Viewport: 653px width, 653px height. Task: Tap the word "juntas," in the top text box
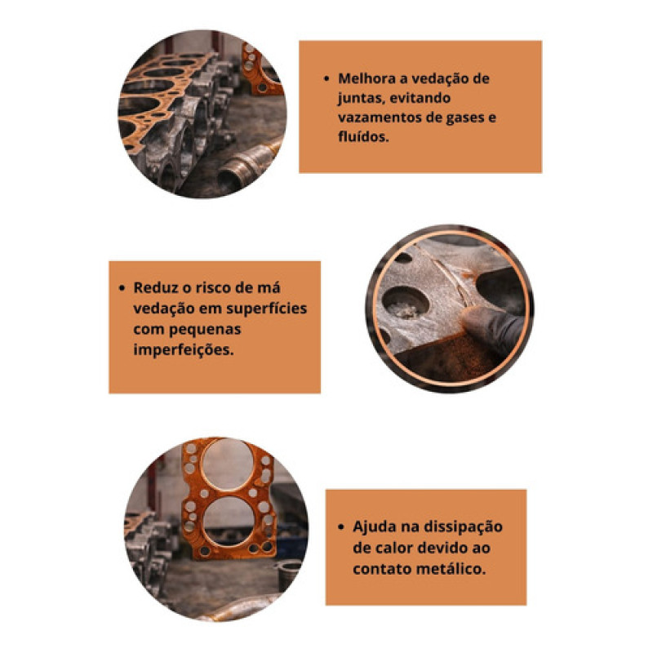[x=359, y=98]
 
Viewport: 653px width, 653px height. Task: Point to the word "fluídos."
[x=363, y=136]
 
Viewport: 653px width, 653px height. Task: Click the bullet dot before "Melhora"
[x=326, y=78]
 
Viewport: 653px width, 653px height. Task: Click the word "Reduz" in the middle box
[x=152, y=287]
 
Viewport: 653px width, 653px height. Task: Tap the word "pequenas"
[x=211, y=330]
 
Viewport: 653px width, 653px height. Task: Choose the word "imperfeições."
[x=184, y=349]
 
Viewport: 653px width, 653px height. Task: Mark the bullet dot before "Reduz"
[x=122, y=288]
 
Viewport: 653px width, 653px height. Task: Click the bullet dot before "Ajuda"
[x=341, y=526]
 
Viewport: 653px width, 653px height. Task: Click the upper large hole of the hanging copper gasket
[x=228, y=464]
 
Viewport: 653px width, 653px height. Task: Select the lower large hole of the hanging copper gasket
[x=229, y=521]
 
